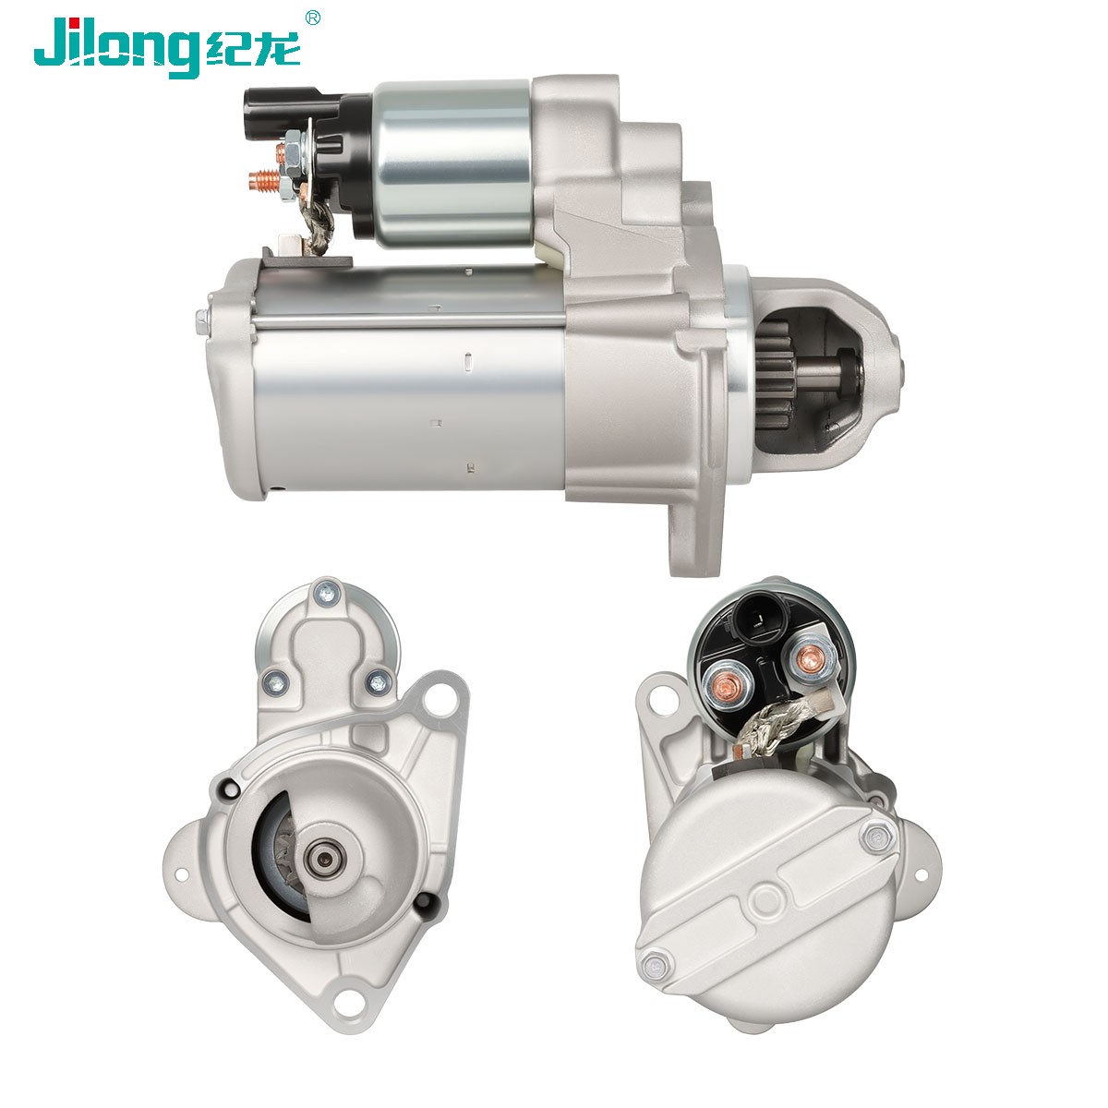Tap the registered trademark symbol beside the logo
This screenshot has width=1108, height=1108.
coord(312,18)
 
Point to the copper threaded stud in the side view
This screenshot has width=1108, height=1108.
coord(265,180)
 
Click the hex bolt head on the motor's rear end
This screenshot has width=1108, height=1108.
coord(202,321)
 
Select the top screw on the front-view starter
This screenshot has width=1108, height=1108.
coord(327,593)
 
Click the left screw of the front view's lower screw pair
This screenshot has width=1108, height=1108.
coord(276,682)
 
